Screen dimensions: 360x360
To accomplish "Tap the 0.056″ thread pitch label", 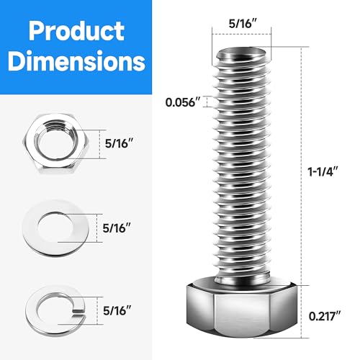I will tap(183, 102).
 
